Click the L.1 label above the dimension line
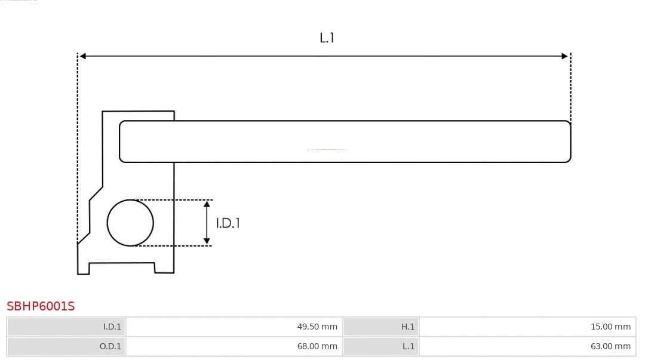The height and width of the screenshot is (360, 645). coord(327,38)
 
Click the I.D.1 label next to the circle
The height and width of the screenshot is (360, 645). coord(228,223)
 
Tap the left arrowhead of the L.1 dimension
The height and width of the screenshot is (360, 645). coord(83,56)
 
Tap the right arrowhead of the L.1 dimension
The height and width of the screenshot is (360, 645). coord(564,56)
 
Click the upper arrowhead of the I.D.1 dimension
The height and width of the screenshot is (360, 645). coord(207,204)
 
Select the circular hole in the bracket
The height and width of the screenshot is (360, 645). coord(130,223)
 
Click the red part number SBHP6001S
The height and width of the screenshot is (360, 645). coord(41,306)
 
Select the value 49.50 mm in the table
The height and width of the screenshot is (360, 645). coord(317,327)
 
